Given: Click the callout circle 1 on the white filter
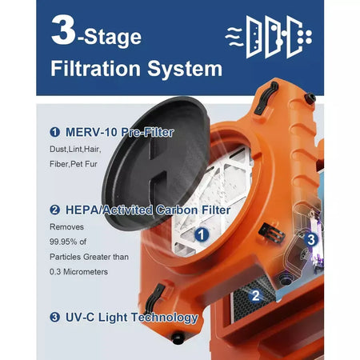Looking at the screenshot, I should point(202,234).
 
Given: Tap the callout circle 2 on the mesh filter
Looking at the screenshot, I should point(254,294).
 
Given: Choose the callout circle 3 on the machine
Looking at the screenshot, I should point(311,238).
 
